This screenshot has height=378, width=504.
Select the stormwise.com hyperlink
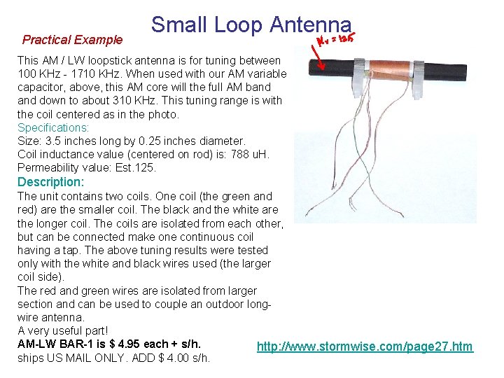[x=365, y=346]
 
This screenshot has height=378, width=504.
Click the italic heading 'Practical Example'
[x=72, y=40]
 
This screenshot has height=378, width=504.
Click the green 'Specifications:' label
[x=53, y=128]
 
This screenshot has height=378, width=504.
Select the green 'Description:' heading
[x=50, y=182]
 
